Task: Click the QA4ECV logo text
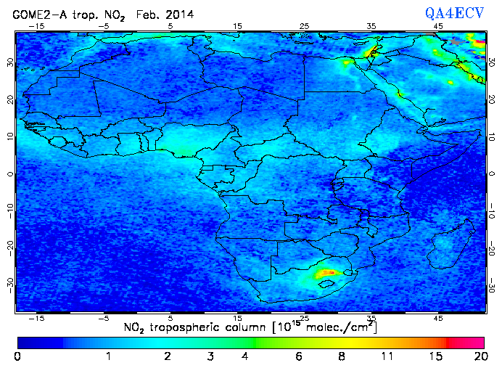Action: [454, 12]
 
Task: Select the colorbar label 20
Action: [479, 357]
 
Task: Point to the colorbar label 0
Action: [17, 357]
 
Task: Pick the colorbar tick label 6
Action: [299, 357]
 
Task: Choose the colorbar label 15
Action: [435, 357]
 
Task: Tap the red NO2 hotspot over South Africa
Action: [327, 273]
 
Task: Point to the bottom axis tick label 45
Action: [439, 318]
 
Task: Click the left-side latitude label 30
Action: [9, 62]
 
